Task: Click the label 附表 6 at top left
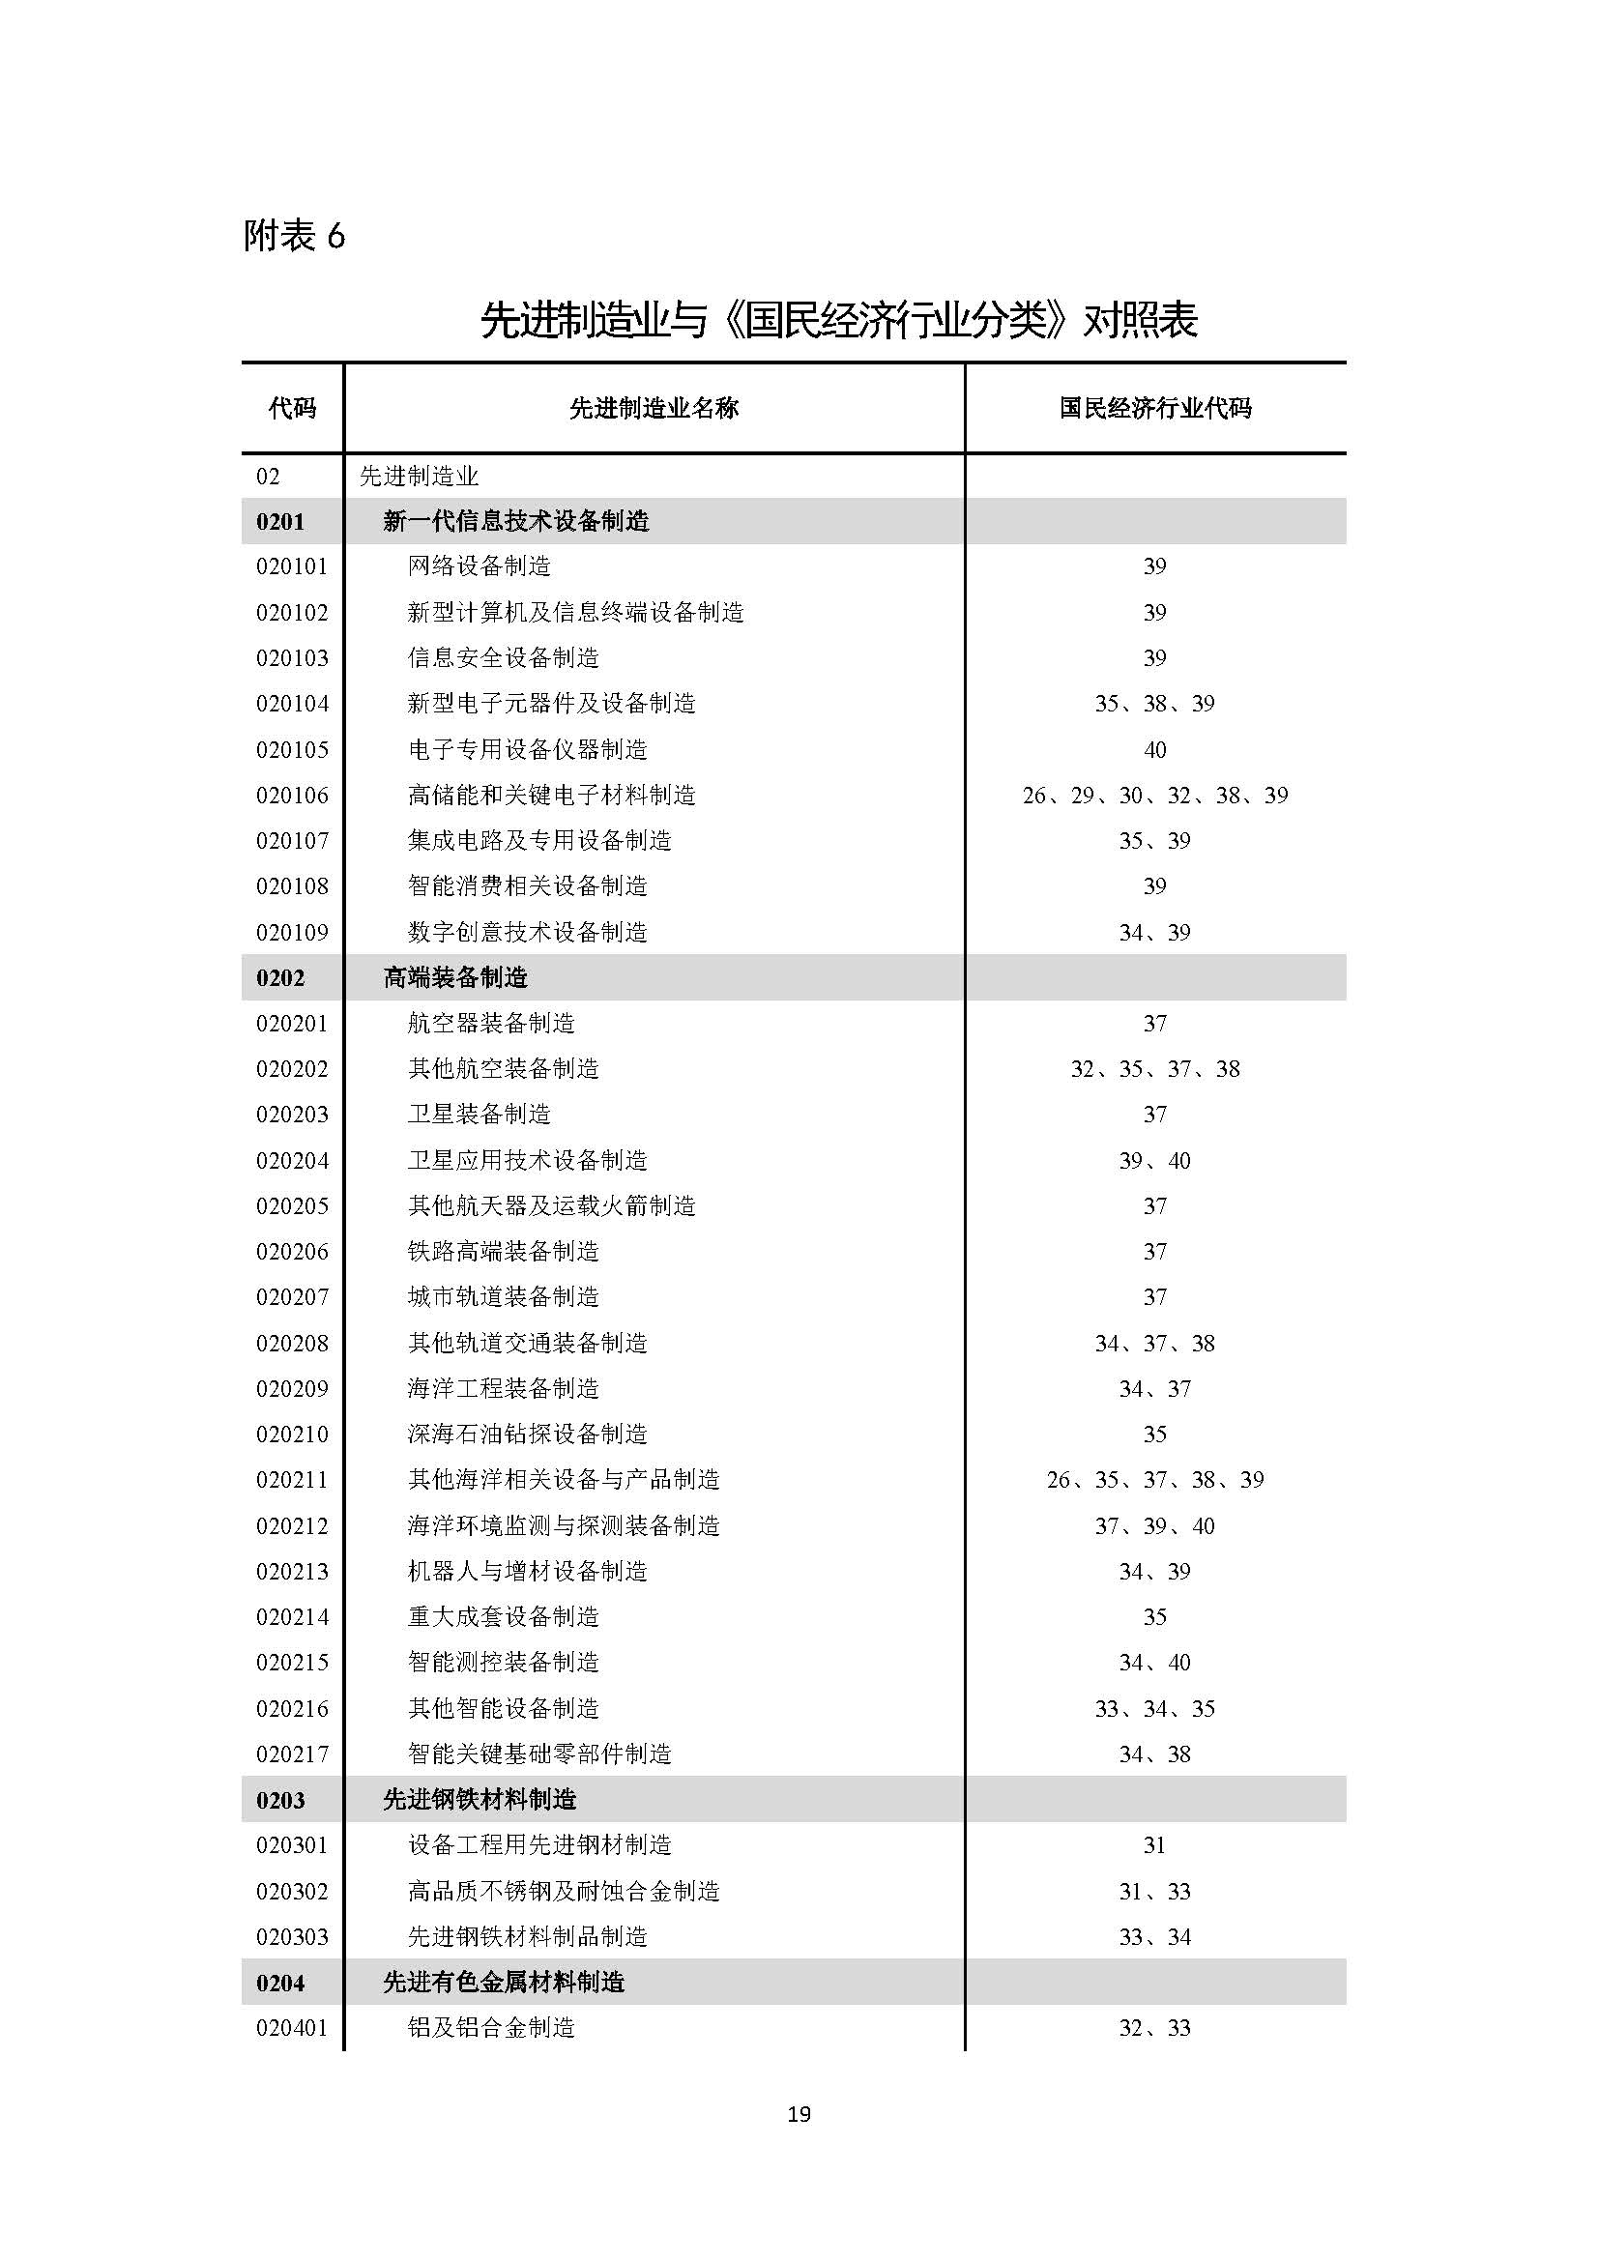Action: pos(294,236)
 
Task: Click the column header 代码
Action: pos(292,408)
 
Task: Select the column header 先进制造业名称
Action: pos(654,408)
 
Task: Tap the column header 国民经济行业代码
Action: pos(1155,408)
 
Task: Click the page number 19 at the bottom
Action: pos(799,2113)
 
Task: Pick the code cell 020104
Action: pos(292,703)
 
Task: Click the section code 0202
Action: pos(280,978)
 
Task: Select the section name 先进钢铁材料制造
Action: pos(480,1799)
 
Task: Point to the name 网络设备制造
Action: pos(479,566)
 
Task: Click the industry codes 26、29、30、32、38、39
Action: pos(1155,795)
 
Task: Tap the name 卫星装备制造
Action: pos(479,1114)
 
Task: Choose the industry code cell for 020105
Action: pos(1155,749)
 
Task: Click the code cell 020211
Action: pos(292,1479)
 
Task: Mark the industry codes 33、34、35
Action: pos(1155,1707)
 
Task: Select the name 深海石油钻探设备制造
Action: pos(527,1434)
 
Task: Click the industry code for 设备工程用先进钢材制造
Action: pos(1155,1844)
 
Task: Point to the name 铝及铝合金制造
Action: pos(490,2028)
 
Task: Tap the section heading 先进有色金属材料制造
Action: pos(503,1982)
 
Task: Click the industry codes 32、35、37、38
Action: pos(1155,1068)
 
